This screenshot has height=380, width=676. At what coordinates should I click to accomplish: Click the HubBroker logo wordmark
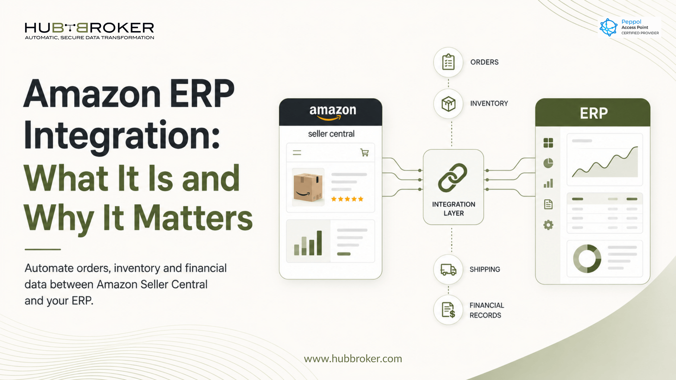point(89,28)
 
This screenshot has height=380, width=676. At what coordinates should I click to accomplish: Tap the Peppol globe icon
point(608,27)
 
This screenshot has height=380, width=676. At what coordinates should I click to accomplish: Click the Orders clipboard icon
point(448,62)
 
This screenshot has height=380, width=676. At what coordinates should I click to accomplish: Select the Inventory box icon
point(448,104)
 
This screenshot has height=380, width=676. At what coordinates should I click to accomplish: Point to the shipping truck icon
point(448,269)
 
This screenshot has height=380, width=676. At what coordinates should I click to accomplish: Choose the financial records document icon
point(448,310)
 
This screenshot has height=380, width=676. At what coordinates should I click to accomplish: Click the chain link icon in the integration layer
point(453,178)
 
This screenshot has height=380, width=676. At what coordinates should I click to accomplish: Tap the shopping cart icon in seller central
point(365,152)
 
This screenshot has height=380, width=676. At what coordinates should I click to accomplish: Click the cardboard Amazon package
point(308,187)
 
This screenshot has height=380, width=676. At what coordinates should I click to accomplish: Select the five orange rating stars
point(347,199)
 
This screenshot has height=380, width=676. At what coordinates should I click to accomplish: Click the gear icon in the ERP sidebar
point(548,225)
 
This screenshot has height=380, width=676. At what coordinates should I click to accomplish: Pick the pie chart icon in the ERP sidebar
point(548,163)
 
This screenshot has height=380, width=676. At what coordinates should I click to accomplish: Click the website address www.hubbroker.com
point(353,359)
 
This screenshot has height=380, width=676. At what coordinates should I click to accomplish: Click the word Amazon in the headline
point(92,93)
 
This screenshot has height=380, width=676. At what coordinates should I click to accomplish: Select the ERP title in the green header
point(594,113)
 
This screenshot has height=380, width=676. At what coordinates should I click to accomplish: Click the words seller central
point(331,134)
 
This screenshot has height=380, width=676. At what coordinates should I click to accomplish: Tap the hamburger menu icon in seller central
point(297,153)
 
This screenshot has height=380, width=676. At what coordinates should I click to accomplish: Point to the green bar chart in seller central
point(308,243)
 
